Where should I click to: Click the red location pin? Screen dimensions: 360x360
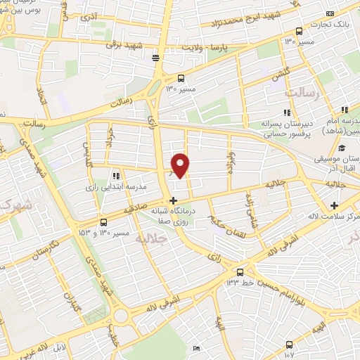pos(181,165)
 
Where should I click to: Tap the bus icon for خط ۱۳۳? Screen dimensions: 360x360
pos(240,272)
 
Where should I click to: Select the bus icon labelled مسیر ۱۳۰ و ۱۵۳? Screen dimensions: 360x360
pos(103,221)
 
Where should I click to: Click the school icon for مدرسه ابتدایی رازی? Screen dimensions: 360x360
pos(115,176)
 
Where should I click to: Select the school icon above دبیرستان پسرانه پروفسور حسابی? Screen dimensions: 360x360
pos(286,112)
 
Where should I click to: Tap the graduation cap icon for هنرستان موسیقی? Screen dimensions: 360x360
pos(341,148)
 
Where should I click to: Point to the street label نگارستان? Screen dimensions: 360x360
pos(54,247)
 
